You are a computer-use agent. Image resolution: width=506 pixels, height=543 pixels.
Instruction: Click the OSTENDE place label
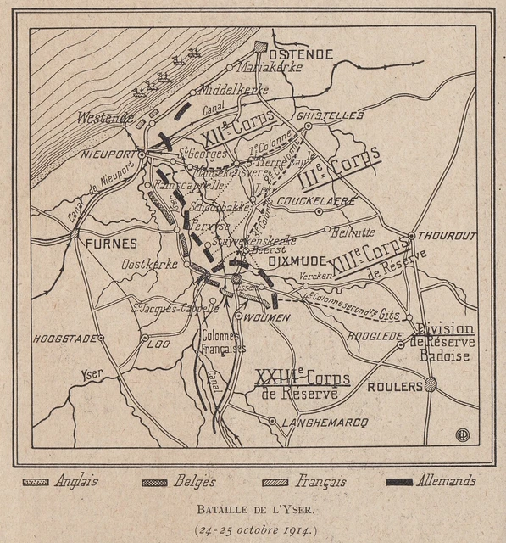[x=301, y=53]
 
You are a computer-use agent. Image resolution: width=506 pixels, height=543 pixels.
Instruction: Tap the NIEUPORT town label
[x=110, y=154]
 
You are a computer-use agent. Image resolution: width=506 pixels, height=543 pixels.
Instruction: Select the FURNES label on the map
[x=110, y=243]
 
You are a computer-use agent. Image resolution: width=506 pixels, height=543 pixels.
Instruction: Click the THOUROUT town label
[x=447, y=236]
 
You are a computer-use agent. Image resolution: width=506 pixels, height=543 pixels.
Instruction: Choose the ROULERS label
[x=395, y=387]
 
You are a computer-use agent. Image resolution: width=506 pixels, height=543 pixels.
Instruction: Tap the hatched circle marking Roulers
[x=431, y=384]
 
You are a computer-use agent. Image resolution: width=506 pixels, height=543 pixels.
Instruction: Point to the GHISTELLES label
[x=331, y=115]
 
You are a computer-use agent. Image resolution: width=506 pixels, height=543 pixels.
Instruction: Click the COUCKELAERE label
[x=326, y=202]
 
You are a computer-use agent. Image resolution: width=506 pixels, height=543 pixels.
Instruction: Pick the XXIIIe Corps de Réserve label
[x=299, y=383]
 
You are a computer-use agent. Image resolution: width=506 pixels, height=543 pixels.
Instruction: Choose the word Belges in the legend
[x=193, y=482]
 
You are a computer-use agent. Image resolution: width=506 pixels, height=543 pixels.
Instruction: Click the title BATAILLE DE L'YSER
[x=252, y=510]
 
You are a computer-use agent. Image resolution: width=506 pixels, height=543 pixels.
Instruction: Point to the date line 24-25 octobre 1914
[x=252, y=529]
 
